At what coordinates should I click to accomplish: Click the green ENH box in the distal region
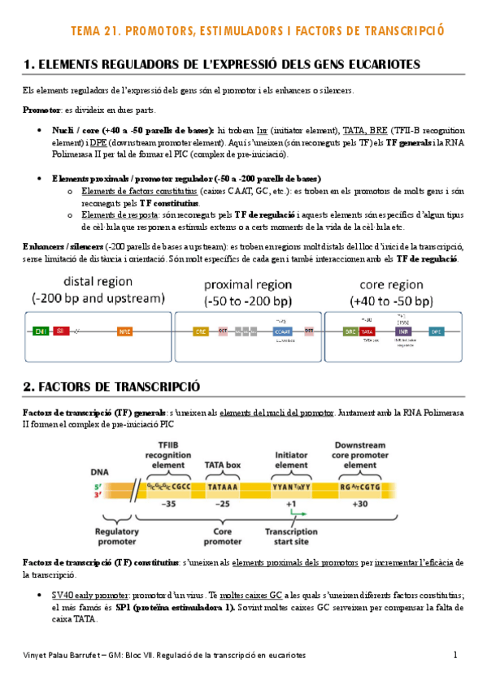[40, 331]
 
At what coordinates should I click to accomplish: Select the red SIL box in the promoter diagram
[59, 331]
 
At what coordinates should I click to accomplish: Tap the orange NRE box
[124, 331]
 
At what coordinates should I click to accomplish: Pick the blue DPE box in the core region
[437, 331]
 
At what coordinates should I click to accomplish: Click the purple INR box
[402, 331]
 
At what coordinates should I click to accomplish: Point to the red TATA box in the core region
[367, 331]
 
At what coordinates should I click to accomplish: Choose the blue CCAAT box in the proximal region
[282, 331]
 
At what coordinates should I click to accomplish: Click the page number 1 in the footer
[456, 655]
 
